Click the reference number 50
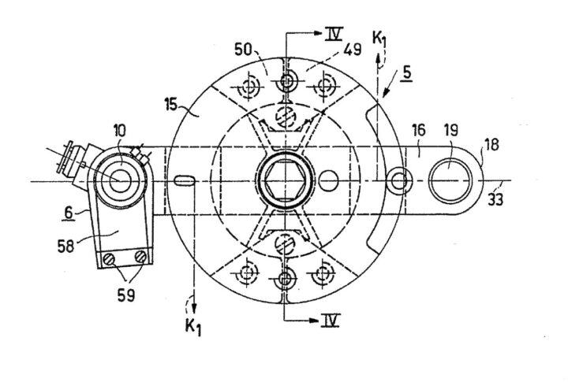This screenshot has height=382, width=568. (x=244, y=50)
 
